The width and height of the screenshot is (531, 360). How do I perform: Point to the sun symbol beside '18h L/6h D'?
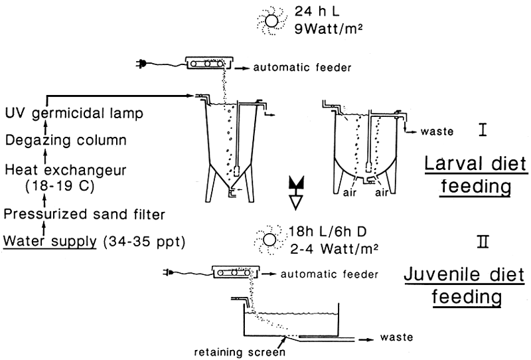[269, 240]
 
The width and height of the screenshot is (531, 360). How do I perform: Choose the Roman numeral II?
[485, 241]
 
